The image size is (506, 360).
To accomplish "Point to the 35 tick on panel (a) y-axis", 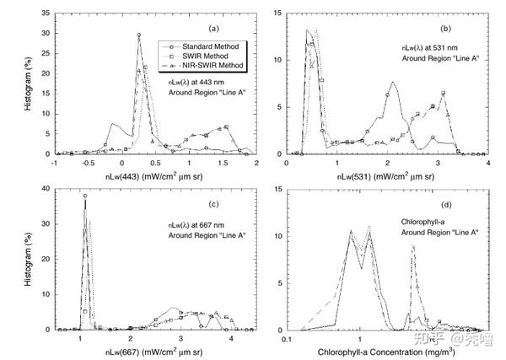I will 47,15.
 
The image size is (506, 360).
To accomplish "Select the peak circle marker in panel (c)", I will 85,196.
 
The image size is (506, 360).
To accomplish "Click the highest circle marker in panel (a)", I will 138,35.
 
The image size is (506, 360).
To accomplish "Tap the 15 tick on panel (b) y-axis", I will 277,15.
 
